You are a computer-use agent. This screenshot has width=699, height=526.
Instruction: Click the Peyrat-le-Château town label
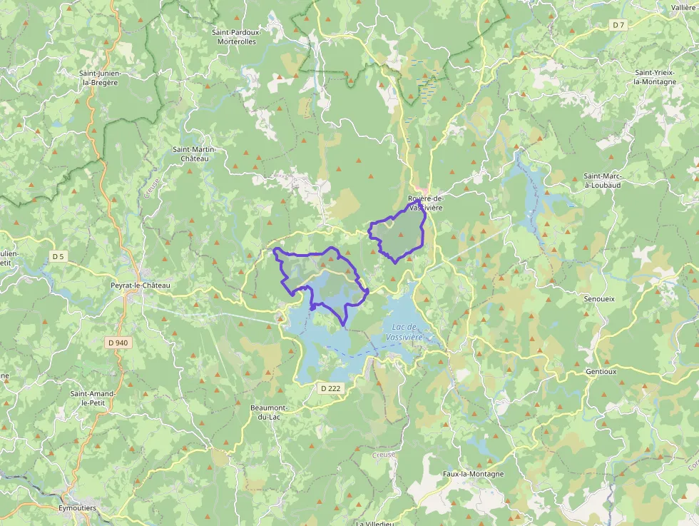(141, 285)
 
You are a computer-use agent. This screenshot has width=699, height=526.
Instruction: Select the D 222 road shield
(331, 388)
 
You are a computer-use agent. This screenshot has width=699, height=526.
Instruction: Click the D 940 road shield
(118, 343)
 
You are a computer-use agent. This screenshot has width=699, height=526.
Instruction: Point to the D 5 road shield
(58, 256)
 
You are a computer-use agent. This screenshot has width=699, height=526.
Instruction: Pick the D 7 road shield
(618, 25)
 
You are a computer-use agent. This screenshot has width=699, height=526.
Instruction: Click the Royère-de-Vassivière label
(425, 203)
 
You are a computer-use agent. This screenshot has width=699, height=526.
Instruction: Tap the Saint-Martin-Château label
(194, 153)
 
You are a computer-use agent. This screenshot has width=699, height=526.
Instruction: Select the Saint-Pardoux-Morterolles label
(237, 36)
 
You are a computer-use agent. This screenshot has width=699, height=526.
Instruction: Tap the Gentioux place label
(601, 372)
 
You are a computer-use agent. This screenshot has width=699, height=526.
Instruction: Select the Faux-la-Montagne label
(474, 474)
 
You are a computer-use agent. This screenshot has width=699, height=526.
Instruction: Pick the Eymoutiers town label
(77, 508)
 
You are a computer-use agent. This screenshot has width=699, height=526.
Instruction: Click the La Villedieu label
(375, 522)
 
